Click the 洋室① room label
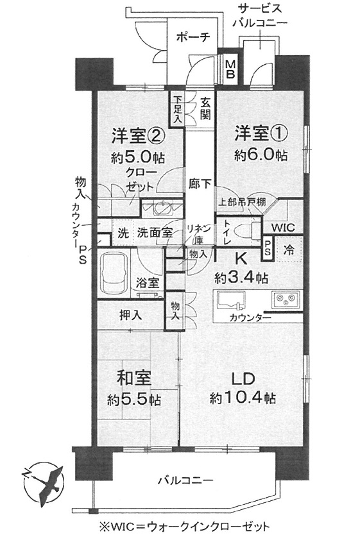(260, 135)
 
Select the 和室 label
(134, 379)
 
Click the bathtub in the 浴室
(114, 273)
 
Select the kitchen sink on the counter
(230, 300)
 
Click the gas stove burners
(286, 300)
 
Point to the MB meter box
(230, 69)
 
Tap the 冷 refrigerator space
(289, 250)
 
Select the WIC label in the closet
(283, 228)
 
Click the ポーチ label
(193, 37)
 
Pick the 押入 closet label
(130, 315)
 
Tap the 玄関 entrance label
(206, 108)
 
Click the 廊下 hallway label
(200, 183)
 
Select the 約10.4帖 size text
(243, 398)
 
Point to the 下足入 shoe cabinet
(177, 110)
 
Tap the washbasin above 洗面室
(161, 208)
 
